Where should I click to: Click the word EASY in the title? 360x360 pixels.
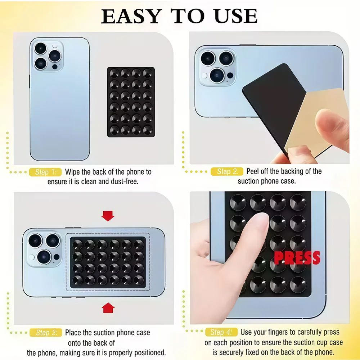(x=131, y=16)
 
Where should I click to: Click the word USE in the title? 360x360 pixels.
(x=234, y=16)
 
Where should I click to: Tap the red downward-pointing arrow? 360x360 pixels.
(x=108, y=216)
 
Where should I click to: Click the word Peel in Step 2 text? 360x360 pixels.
(x=253, y=171)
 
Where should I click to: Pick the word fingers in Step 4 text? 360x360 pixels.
(x=282, y=332)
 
